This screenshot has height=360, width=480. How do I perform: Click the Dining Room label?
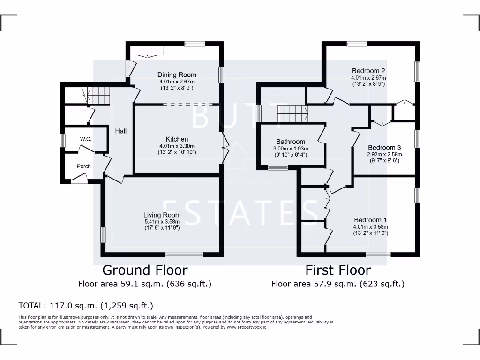pyautogui.click(x=177, y=75)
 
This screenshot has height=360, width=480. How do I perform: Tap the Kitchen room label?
pyautogui.click(x=177, y=139)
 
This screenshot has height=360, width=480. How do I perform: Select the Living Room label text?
pyautogui.click(x=162, y=215)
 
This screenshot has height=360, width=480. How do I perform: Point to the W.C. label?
pyautogui.click(x=85, y=139)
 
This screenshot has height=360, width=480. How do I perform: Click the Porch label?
pyautogui.click(x=84, y=166)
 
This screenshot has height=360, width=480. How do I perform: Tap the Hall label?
pyautogui.click(x=121, y=131)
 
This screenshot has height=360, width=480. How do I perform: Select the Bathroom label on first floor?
pyautogui.click(x=291, y=142)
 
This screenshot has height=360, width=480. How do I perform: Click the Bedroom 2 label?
pyautogui.click(x=368, y=71)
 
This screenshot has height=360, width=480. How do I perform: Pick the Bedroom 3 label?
pyautogui.click(x=384, y=147)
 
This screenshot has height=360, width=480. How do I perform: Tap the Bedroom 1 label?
pyautogui.click(x=370, y=220)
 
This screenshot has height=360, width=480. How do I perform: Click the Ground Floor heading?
pyautogui.click(x=145, y=270)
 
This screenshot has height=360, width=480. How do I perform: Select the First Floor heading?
pyautogui.click(x=338, y=270)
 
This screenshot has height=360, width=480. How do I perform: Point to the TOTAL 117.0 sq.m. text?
pyautogui.click(x=86, y=306)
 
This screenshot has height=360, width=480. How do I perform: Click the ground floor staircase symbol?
pyautogui.click(x=99, y=96)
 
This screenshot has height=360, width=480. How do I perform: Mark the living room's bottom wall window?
pyautogui.click(x=184, y=255)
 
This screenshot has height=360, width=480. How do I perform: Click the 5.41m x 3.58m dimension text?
pyautogui.click(x=162, y=222)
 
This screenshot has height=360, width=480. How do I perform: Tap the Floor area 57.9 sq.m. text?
pyautogui.click(x=337, y=284)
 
